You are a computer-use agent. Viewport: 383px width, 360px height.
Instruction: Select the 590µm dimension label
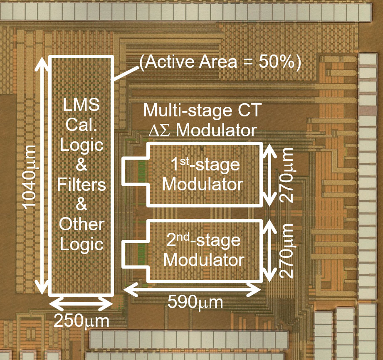pos(195,302)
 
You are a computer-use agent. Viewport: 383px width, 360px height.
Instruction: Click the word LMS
pos(82,105)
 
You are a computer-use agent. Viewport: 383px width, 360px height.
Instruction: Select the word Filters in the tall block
pos(82,184)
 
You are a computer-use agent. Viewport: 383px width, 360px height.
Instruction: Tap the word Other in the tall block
pos(82,224)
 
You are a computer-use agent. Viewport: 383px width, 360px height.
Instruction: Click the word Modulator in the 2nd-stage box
pos(203,260)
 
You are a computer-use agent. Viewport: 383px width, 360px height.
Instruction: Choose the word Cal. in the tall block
pos(82,125)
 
